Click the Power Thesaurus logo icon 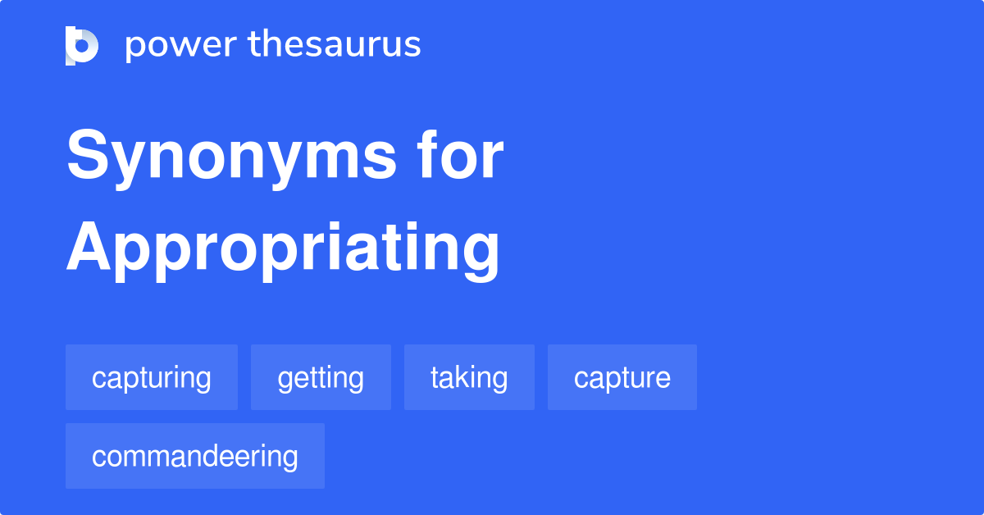[x=82, y=45]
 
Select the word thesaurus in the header [x=335, y=45]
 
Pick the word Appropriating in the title [x=283, y=248]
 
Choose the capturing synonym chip [x=152, y=378]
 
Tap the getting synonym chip [x=321, y=378]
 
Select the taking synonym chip [x=469, y=378]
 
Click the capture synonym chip [x=622, y=378]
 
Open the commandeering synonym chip [x=195, y=457]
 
